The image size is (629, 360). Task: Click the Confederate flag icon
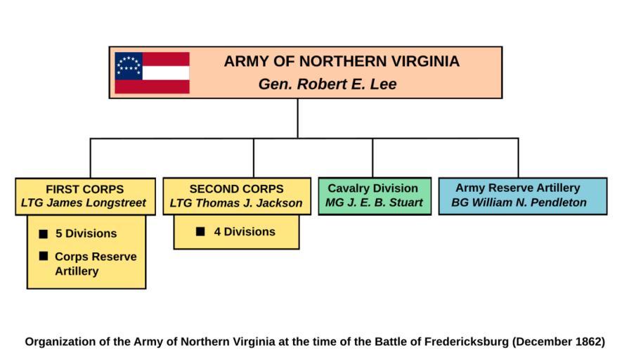152,72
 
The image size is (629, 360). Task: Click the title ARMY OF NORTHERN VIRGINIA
342,62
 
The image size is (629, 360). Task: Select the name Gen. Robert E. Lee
328,84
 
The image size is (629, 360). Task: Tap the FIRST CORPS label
84,189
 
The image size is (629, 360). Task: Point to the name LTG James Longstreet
84,203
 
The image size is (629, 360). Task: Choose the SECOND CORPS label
236,189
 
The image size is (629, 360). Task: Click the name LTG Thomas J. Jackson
236,203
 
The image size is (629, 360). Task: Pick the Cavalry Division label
373,188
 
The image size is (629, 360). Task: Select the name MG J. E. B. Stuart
374,202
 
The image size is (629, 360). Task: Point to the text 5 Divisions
86,233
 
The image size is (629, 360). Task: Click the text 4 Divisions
245,231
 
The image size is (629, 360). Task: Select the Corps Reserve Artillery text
96,264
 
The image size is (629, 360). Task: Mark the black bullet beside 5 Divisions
44,233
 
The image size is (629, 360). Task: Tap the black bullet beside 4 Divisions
201,231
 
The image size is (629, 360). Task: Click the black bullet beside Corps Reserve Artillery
44,257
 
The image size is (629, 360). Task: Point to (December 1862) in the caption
559,342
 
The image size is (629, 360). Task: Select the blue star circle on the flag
129,66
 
